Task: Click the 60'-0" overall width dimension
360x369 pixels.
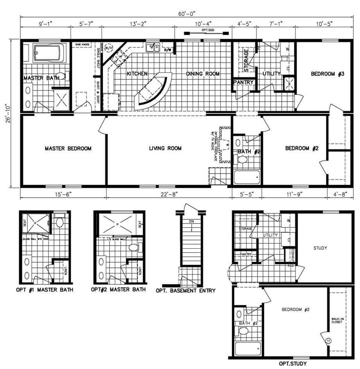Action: (x=184, y=14)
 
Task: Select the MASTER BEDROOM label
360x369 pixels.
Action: (x=68, y=149)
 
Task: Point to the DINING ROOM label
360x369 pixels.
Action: (x=203, y=73)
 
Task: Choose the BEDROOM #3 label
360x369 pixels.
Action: (x=327, y=73)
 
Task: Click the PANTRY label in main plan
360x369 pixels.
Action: (x=243, y=82)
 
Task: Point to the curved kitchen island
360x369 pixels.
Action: (x=153, y=91)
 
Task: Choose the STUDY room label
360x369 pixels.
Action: (x=320, y=248)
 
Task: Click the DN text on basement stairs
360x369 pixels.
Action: (x=191, y=221)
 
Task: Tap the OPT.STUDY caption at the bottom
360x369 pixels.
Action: (x=292, y=364)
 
